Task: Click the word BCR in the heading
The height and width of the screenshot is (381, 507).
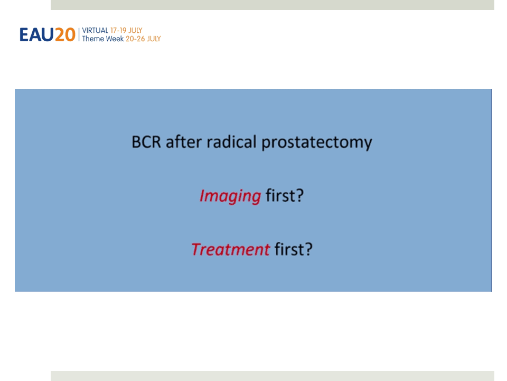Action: click(x=146, y=142)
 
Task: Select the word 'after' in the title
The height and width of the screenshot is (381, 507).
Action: click(x=184, y=142)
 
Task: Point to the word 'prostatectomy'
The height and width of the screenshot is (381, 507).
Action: click(x=316, y=143)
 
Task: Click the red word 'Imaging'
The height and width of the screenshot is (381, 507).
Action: click(x=230, y=196)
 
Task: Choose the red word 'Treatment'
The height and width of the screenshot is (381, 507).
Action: click(x=231, y=249)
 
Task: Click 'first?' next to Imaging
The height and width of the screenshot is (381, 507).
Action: click(x=285, y=195)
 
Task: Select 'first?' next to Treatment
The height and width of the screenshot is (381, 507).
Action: click(x=293, y=249)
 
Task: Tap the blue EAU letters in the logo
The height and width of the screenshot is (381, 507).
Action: click(x=36, y=35)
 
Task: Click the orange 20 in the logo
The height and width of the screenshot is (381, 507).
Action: click(x=65, y=35)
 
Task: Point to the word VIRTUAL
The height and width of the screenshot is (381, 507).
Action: click(x=95, y=31)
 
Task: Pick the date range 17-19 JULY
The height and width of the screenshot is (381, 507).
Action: click(x=126, y=31)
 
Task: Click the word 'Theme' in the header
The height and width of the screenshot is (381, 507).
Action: click(x=92, y=39)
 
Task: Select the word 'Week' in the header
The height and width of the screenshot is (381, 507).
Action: click(x=114, y=39)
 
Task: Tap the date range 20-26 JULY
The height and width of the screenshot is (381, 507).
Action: click(x=143, y=39)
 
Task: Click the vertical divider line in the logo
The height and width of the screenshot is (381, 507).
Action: click(x=79, y=34)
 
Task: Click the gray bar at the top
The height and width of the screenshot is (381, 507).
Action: click(x=273, y=5)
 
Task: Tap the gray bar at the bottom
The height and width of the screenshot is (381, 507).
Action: click(x=273, y=376)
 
